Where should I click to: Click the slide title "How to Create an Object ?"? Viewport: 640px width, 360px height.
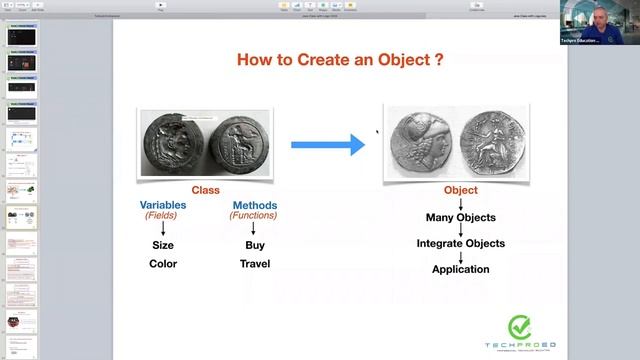click(340, 60)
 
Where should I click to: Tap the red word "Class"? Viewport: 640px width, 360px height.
click(205, 190)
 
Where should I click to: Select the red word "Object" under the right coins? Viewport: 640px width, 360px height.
click(460, 190)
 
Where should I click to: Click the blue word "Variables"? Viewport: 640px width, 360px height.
click(163, 206)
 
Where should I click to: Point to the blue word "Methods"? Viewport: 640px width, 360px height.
click(253, 206)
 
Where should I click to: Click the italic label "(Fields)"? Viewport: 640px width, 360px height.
click(163, 216)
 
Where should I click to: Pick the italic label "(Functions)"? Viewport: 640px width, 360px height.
click(253, 216)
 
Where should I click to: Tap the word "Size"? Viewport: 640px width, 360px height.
click(163, 245)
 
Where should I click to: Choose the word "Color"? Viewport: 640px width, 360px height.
click(163, 264)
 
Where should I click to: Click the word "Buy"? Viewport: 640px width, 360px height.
click(254, 245)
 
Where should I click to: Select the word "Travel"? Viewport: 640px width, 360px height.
click(254, 264)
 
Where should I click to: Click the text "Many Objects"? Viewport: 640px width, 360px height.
click(460, 217)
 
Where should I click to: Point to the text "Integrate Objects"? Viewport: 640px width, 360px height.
click(460, 243)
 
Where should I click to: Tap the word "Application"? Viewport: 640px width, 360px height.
click(460, 269)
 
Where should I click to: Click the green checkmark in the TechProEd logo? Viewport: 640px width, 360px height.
click(519, 327)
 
